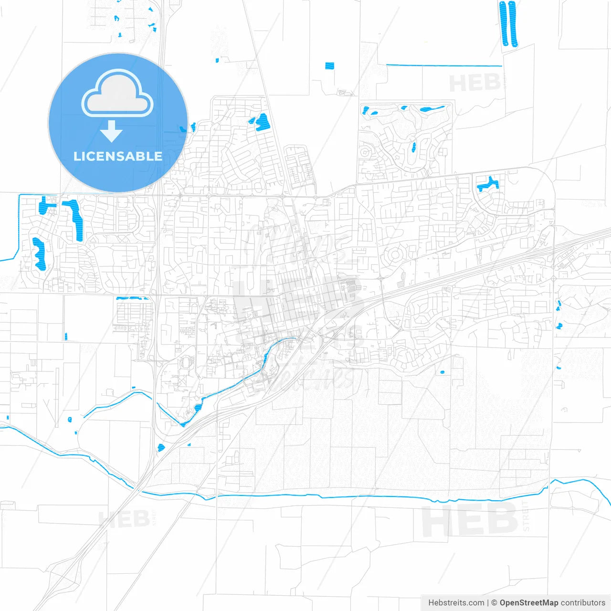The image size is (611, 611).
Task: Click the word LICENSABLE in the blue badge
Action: coord(118,156)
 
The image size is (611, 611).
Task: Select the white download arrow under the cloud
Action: coord(112,131)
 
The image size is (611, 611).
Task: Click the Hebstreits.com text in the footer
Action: coord(456,603)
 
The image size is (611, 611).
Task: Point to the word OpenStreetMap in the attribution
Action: coord(529,603)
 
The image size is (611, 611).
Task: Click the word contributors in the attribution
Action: coord(583,603)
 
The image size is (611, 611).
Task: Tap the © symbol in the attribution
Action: coord(494,603)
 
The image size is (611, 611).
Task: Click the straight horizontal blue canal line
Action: coord(444,65)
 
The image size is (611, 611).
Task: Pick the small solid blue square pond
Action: coord(329,66)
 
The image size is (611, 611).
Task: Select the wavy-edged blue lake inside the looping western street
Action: coord(38,253)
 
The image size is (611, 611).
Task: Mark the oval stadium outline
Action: coord(185,363)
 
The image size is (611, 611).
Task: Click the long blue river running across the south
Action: coord(334,497)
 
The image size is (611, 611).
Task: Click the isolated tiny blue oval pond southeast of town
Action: coord(442,372)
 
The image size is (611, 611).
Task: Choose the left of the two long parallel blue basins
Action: coord(503,24)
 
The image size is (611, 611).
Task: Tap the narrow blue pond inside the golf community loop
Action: coord(413,147)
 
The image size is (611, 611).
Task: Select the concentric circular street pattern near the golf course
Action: coord(394,255)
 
